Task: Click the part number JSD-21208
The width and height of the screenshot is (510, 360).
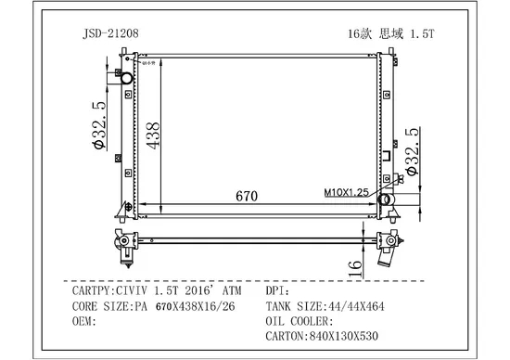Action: (x=110, y=33)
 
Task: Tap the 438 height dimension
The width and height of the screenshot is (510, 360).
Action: (x=153, y=135)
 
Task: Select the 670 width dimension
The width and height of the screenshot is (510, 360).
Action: (x=247, y=196)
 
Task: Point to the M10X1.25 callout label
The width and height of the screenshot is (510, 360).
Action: (x=346, y=192)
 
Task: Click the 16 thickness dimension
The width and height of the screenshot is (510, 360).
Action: (x=355, y=268)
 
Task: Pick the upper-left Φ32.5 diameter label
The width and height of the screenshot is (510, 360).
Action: (x=99, y=125)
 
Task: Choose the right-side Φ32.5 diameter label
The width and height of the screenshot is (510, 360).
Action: (x=412, y=151)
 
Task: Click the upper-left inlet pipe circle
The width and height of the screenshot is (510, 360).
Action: (x=126, y=79)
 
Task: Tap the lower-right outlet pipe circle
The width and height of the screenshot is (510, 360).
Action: (x=385, y=199)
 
